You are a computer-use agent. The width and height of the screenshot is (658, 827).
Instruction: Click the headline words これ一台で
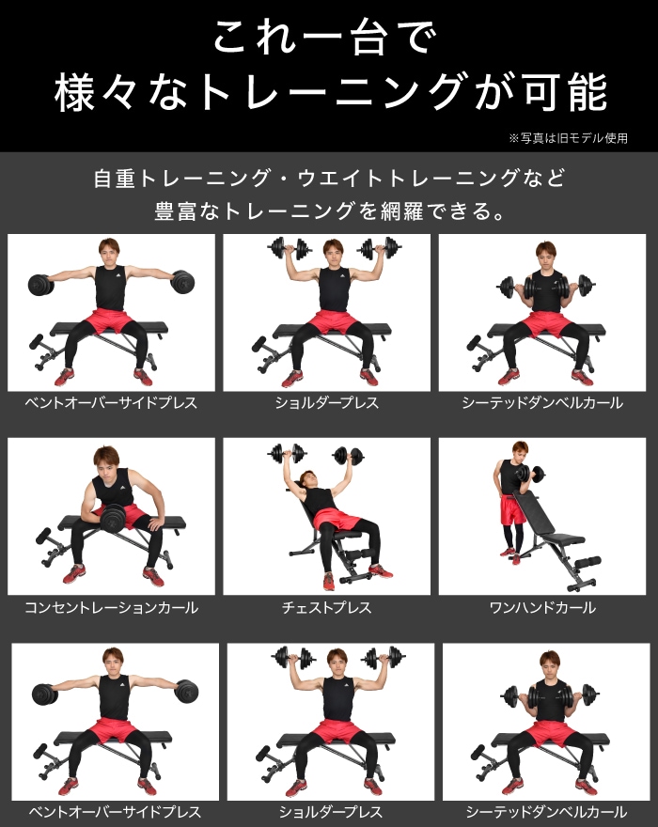[326, 40]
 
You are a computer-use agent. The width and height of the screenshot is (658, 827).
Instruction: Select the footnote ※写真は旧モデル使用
[568, 138]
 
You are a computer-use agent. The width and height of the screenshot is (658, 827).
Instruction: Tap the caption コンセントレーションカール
[111, 608]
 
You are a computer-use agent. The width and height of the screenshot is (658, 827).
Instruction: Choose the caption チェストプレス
[326, 608]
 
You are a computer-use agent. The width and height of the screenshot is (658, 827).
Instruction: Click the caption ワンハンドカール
[542, 608]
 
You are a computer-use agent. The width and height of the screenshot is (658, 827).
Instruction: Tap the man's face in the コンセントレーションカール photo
[106, 464]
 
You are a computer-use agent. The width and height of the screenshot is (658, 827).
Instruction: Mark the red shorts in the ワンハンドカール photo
[512, 510]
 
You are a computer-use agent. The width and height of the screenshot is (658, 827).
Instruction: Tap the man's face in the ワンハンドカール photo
[519, 451]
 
